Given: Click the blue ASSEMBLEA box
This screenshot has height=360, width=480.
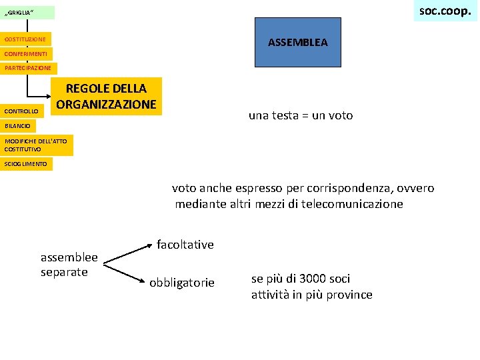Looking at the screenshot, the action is (297, 43).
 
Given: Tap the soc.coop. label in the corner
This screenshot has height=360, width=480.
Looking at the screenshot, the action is (445, 11).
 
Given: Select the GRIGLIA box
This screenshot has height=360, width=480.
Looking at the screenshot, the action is (27, 13).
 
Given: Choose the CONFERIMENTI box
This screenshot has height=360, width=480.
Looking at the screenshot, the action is (26, 53).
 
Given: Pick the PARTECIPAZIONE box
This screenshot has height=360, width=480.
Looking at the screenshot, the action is (29, 67).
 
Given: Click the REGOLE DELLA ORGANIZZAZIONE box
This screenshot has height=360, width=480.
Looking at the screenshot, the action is (107, 97).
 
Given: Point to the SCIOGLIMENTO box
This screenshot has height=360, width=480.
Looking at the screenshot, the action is (27, 164).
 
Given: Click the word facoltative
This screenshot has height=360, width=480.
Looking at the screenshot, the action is (185, 245).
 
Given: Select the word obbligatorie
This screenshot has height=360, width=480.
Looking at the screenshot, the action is (182, 283).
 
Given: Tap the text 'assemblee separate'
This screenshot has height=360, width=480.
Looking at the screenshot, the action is (69, 264).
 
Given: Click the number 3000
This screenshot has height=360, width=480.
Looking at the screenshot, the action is (313, 279).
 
